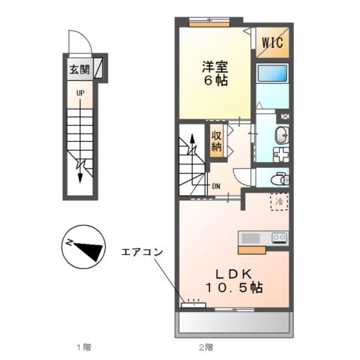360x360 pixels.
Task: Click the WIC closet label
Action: (x=272, y=42)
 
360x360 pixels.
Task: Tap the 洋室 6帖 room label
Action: (x=215, y=73)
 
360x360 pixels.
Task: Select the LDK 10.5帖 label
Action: (x=234, y=281)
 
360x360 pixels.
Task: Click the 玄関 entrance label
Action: (x=79, y=69)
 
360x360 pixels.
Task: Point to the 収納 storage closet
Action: (x=217, y=141)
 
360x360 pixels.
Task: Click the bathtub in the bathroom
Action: (x=272, y=73)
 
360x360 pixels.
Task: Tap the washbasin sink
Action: (x=281, y=135)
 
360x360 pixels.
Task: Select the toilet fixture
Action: (x=280, y=178)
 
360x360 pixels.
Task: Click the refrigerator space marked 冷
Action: (x=279, y=202)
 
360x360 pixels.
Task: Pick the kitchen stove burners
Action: (x=280, y=237)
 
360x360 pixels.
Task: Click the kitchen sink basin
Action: (x=250, y=238)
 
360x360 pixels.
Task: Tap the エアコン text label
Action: (x=142, y=252)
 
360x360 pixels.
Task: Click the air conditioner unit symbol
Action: (x=193, y=305)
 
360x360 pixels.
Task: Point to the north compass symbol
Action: (x=83, y=247)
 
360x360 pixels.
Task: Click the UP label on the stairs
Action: (x=80, y=93)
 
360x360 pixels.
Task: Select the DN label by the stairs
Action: (x=216, y=186)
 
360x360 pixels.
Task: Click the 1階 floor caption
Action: (x=83, y=347)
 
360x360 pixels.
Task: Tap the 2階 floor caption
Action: (x=205, y=347)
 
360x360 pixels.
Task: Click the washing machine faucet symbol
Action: (x=285, y=116)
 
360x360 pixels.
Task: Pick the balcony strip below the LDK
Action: (x=234, y=322)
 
